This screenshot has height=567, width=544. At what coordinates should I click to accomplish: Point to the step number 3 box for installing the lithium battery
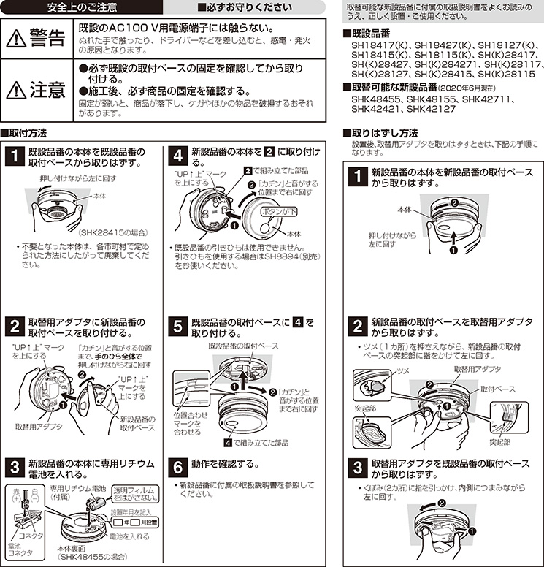click(15, 466)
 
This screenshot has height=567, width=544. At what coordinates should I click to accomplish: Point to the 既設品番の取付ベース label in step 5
click(243, 345)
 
